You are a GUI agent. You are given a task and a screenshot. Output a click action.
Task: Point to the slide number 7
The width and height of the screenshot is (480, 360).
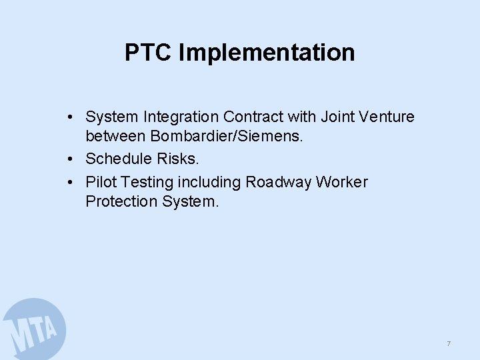pos(449,343)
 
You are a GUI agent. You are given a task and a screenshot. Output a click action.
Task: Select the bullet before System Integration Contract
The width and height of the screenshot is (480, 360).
pos(70,117)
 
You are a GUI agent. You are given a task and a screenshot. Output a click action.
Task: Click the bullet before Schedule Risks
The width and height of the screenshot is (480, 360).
pos(70,160)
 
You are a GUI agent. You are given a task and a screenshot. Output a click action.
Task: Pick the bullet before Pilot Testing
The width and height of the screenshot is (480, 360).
pos(70,182)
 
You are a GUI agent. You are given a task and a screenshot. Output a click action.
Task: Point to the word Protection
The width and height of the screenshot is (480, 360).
pos(121,201)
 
